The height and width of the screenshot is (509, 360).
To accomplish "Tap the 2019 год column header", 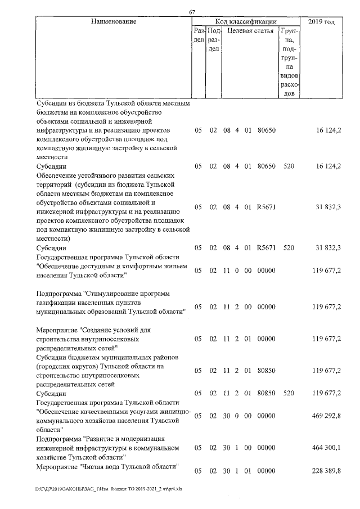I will tap(322, 22).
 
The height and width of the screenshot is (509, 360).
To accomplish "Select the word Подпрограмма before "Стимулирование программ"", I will tap(57, 294).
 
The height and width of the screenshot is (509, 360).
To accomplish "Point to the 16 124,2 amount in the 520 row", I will tap(326, 166).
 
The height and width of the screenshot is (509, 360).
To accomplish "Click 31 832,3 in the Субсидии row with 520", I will tap(326, 247).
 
